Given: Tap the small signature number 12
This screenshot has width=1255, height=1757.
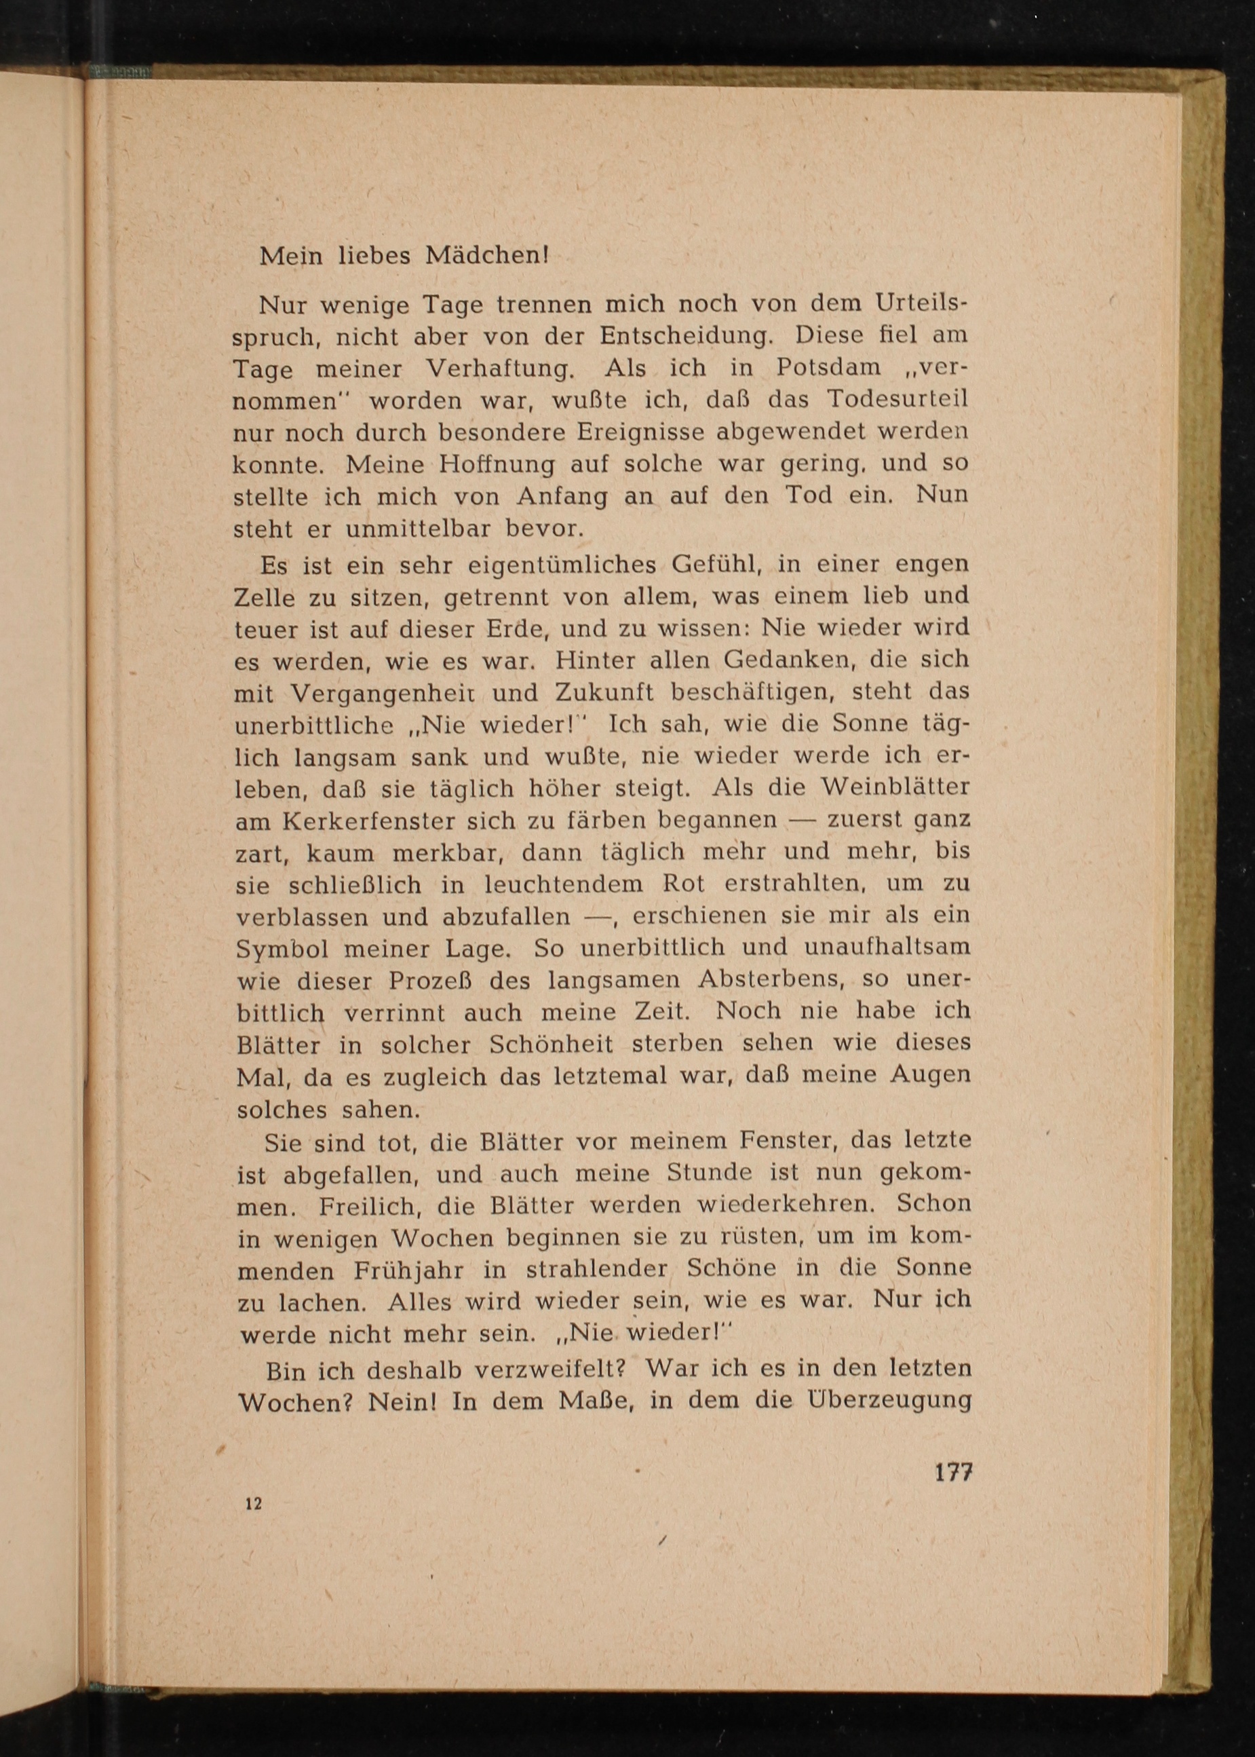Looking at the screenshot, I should click(253, 1503).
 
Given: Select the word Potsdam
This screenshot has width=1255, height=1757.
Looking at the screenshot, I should click(828, 367).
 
